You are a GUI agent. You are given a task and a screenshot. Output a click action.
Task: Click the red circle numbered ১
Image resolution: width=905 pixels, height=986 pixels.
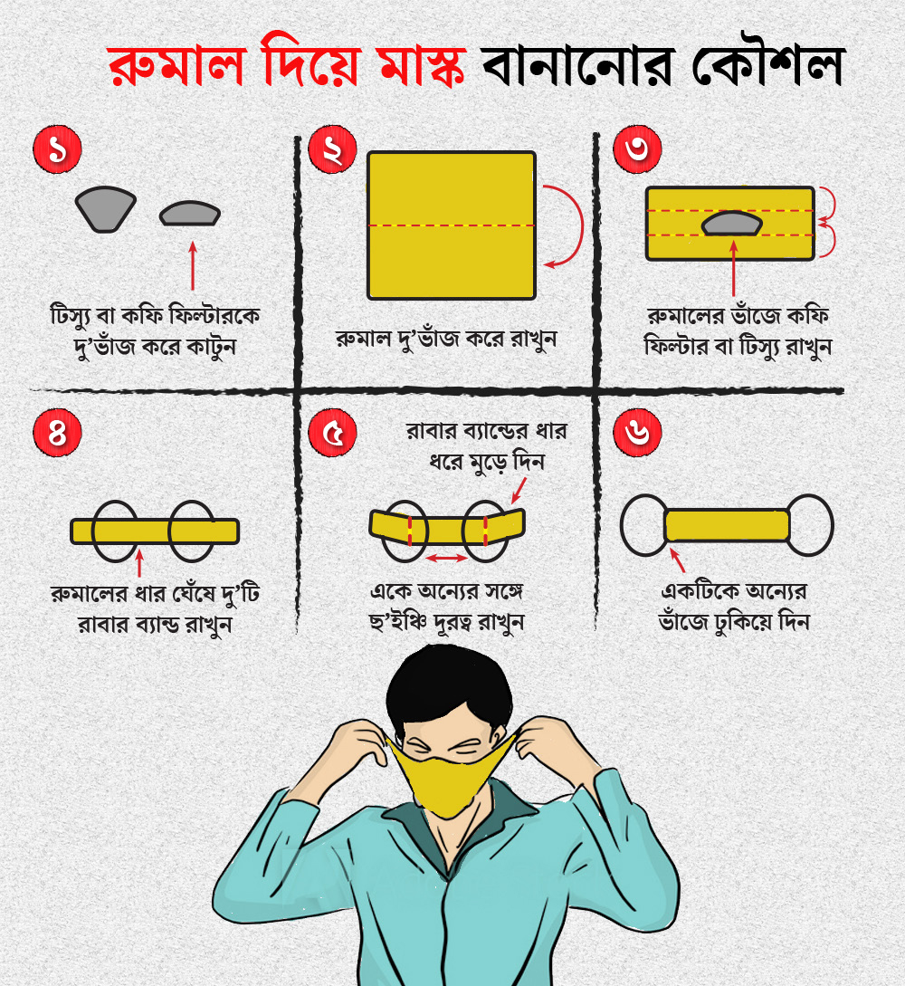57,149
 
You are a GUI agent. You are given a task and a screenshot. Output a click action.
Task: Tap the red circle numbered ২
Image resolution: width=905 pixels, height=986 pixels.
332,149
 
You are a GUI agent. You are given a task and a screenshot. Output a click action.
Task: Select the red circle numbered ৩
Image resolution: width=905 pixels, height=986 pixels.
637,149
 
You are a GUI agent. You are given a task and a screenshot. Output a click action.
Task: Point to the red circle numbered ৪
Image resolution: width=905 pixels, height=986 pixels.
57,434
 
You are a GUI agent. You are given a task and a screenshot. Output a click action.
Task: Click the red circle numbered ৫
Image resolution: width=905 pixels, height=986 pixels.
332,434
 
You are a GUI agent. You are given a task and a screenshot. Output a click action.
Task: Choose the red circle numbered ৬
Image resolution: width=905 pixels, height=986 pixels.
637,434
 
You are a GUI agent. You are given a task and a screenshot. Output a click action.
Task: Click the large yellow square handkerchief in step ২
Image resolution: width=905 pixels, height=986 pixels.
452,225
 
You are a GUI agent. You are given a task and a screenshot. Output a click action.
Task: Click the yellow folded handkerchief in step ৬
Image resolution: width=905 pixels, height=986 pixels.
727,526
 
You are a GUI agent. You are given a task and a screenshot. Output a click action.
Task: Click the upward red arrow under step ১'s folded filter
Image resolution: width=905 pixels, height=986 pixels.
192,266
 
